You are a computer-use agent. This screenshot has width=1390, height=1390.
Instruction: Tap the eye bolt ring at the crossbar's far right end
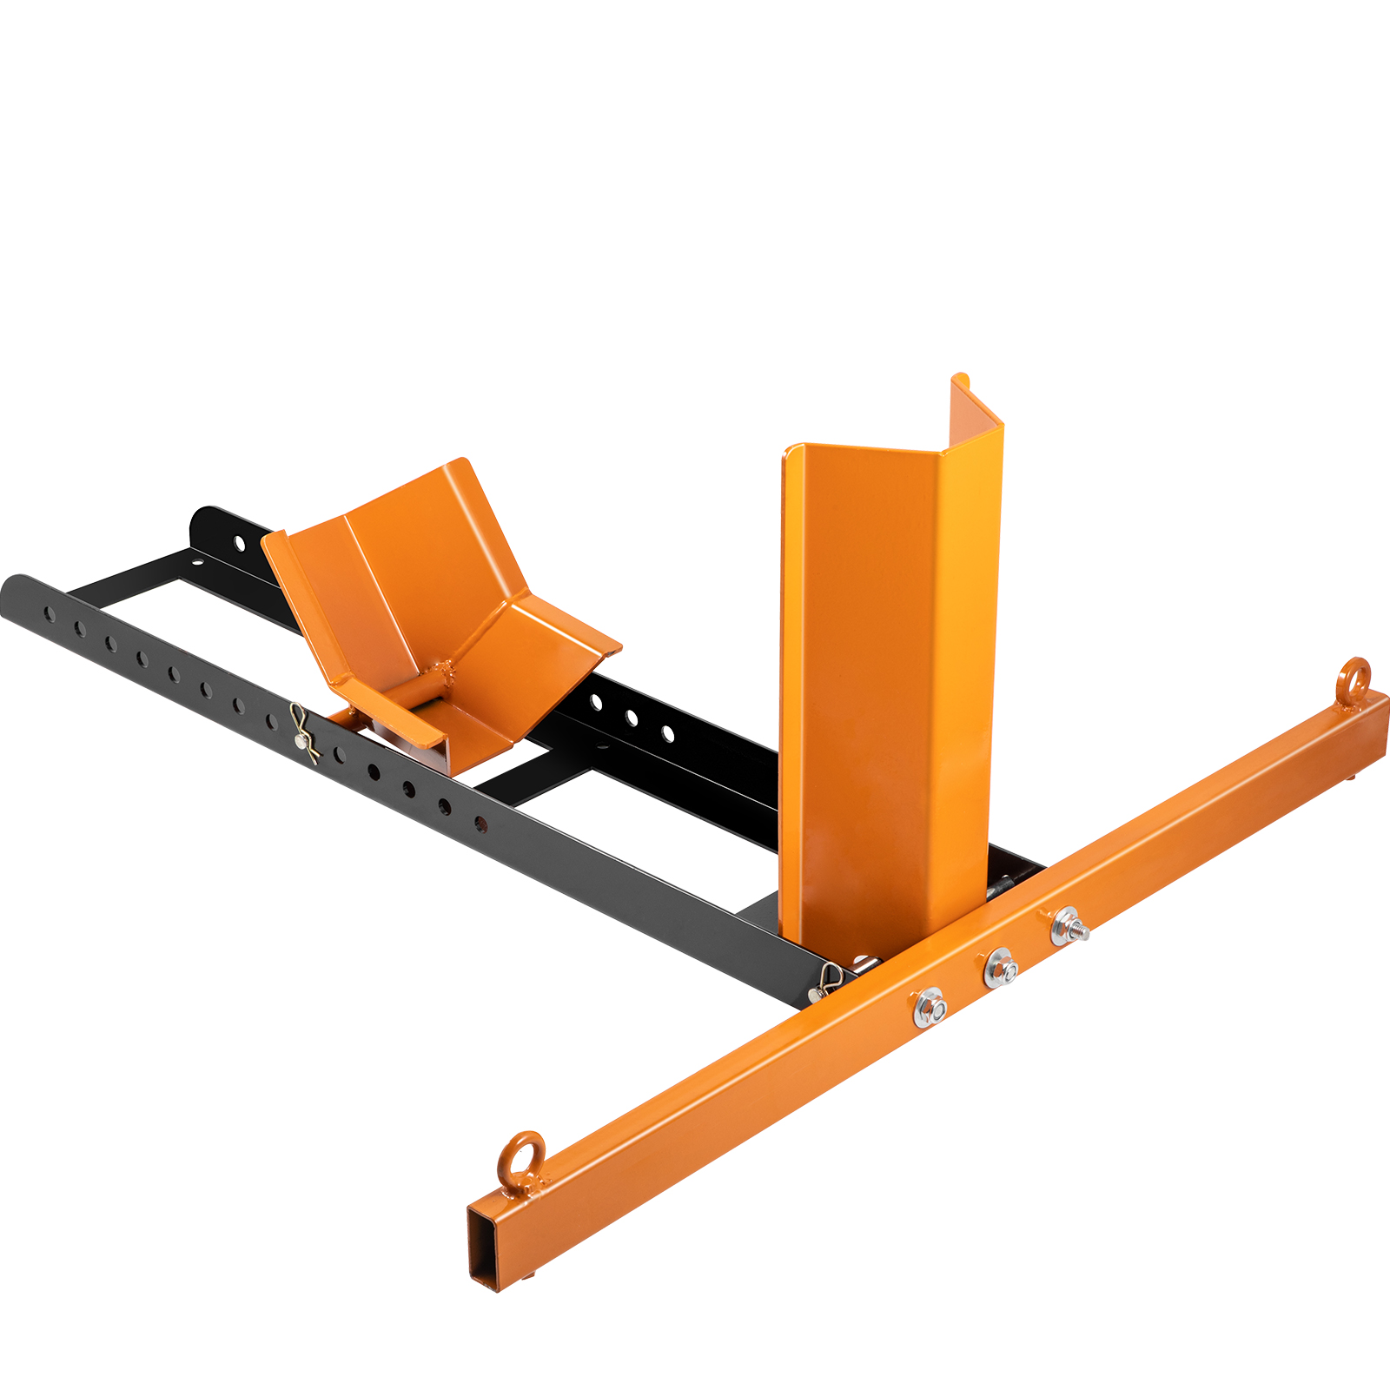pos(1354,678)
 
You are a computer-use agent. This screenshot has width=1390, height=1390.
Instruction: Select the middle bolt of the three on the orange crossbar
pos(1001,969)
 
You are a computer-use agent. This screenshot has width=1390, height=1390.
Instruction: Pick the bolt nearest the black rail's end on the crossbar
pos(930,1009)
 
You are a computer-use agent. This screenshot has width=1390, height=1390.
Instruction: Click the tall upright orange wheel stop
pos(886,686)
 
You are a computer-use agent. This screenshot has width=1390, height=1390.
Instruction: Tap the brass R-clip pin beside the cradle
pos(302,732)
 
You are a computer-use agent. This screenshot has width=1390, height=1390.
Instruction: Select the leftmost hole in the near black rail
pos(50,615)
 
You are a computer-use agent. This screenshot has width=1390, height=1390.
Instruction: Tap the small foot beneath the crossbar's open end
pos(528,1274)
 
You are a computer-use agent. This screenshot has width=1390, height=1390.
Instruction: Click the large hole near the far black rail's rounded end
pos(239,543)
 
